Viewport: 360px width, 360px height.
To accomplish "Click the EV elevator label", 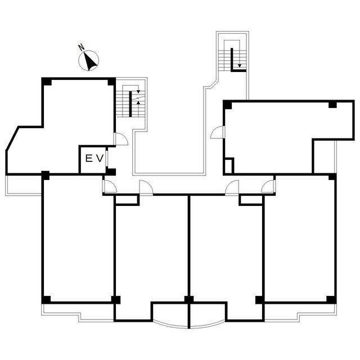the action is (94, 159).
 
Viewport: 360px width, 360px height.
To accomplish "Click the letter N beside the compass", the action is (81, 47).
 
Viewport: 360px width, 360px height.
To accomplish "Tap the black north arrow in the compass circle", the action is (89, 61).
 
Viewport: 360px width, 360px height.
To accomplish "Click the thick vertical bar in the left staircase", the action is (130, 103).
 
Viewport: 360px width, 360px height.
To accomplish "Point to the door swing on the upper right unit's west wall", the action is (217, 132).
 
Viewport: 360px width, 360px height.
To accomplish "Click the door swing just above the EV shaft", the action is (121, 139).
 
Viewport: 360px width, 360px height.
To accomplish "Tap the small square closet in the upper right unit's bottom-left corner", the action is (229, 165).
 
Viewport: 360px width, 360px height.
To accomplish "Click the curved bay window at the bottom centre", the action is (189, 325).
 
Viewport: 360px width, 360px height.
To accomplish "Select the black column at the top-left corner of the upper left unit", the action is (47, 82).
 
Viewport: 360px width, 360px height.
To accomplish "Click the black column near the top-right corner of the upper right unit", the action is (332, 105).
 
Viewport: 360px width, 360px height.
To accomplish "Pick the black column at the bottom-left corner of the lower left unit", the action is (46, 300).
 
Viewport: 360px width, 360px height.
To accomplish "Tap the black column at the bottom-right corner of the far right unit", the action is (331, 300).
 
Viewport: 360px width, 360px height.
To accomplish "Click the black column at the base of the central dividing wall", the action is (189, 299).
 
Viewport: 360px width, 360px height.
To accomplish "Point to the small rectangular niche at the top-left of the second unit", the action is (127, 200).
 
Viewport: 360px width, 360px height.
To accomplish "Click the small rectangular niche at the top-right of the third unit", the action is (251, 200).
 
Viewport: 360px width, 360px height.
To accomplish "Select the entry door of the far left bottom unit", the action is (110, 186).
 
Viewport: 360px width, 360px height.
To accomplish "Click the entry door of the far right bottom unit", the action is (268, 186).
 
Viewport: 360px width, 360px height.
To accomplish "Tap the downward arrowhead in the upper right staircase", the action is (240, 66).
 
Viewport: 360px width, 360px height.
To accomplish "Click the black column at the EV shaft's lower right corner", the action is (111, 172).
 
